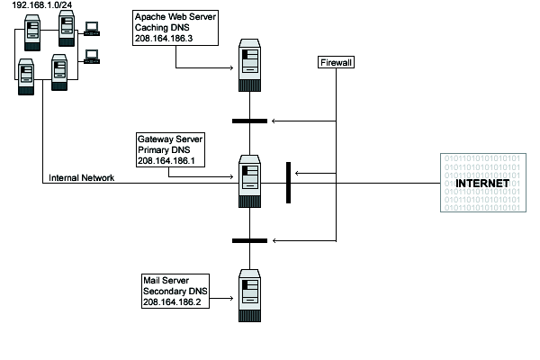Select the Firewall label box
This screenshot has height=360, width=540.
336,63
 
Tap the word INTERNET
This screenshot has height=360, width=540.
482,184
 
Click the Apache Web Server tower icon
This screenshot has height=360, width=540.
249,65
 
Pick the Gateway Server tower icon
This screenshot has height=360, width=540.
249,181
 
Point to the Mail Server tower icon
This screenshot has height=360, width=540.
249,296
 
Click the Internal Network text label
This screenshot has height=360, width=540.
81,178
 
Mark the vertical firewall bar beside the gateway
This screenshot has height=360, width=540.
288,183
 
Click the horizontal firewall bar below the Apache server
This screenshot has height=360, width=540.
249,121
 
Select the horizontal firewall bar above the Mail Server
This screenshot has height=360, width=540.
249,240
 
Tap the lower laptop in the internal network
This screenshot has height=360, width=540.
92,56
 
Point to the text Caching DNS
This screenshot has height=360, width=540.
159,29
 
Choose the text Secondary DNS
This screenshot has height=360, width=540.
174,291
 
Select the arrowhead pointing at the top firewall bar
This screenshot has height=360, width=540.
274,121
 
